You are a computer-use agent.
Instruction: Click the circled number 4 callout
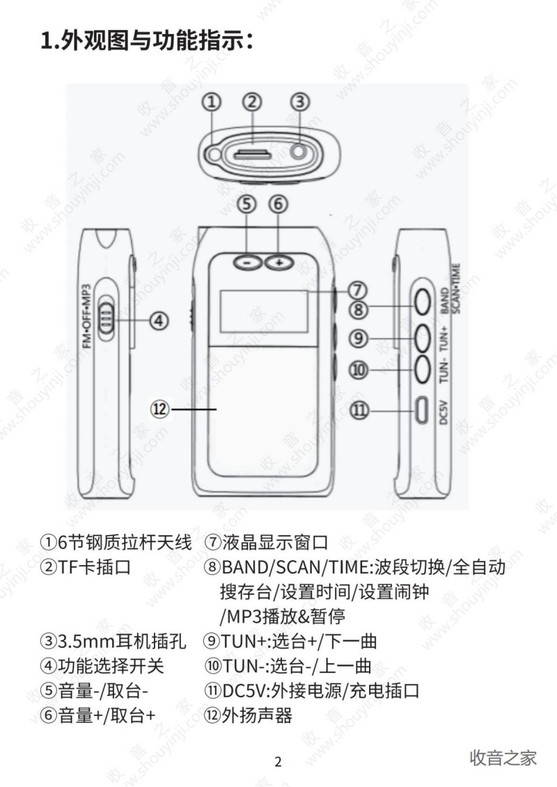click(x=159, y=320)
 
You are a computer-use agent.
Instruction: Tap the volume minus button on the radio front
click(x=247, y=262)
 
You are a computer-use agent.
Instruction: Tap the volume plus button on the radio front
click(x=279, y=262)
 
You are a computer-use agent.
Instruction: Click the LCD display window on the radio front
click(x=263, y=311)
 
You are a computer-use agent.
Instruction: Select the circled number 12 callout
click(x=159, y=409)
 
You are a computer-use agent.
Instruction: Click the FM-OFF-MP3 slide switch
click(x=107, y=318)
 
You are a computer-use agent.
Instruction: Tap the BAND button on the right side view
click(x=423, y=303)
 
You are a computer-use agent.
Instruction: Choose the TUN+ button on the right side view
click(x=423, y=337)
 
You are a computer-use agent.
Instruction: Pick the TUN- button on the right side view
click(x=423, y=369)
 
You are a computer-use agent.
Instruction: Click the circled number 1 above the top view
click(x=212, y=102)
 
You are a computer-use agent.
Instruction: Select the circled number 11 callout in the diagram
click(x=359, y=410)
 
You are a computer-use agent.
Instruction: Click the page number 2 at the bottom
click(x=278, y=761)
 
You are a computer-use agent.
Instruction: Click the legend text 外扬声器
click(x=257, y=715)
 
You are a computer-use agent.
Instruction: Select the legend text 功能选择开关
click(x=111, y=666)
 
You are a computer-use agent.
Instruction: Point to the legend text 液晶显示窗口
click(x=275, y=542)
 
